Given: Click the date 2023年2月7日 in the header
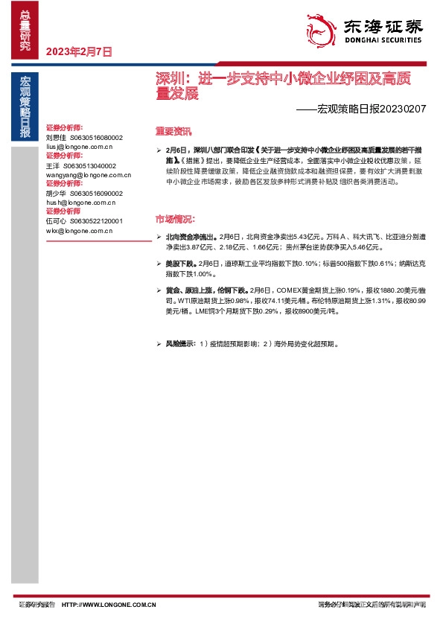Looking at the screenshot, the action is tap(79, 52).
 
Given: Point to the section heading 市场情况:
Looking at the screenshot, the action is tap(176, 219).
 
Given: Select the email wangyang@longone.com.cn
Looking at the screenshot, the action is tap(89, 175).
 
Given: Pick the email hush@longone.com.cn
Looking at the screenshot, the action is tap(80, 203).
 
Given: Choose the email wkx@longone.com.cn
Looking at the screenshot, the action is tap(79, 231).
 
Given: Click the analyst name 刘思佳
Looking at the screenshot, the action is tap(56, 138).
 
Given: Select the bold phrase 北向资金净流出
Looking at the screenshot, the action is tap(191, 237).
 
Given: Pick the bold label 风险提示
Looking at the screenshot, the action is tap(179, 345).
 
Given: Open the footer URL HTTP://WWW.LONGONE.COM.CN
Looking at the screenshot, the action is tap(109, 605).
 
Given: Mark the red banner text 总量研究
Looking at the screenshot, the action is tap(25, 31).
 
